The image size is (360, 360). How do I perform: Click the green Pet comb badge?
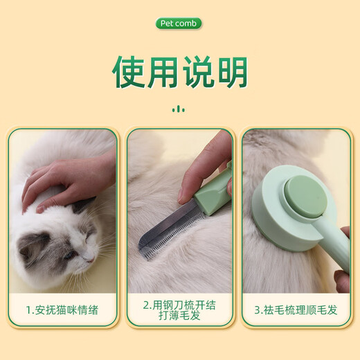click(179, 24)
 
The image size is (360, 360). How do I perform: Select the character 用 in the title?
click(163, 71)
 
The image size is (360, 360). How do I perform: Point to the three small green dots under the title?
click(179, 108)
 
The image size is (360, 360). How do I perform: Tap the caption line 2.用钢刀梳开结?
click(179, 303)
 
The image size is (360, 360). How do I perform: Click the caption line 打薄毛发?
click(179, 316)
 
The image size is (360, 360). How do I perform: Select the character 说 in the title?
click(196, 71)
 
